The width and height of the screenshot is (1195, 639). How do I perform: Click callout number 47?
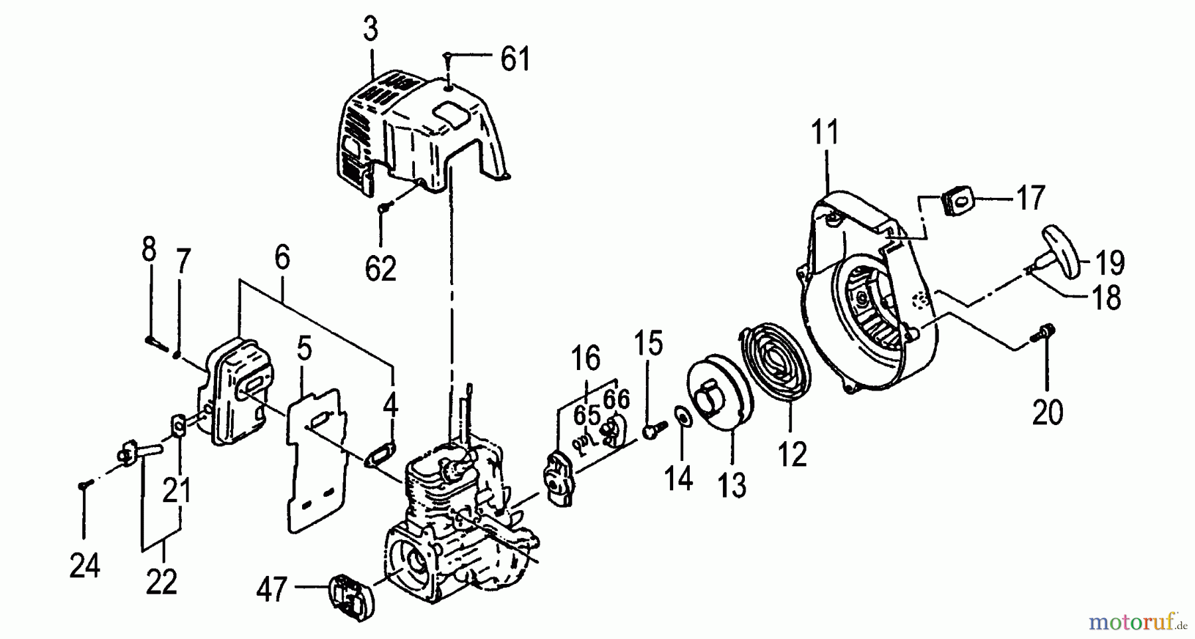[x=272, y=589]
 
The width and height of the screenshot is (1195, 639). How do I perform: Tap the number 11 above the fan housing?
[x=825, y=133]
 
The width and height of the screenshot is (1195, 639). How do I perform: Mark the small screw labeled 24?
[x=83, y=486]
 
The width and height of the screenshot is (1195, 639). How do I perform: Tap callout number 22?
[x=161, y=582]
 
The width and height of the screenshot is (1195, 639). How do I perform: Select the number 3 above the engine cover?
[x=370, y=31]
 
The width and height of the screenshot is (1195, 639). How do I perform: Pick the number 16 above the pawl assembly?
[x=586, y=359]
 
